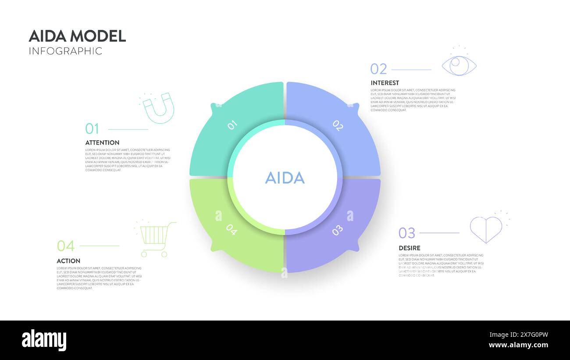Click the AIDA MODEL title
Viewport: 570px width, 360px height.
coord(77,36)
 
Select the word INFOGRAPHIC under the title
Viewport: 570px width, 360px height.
coord(65,51)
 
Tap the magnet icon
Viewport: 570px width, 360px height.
coord(159,108)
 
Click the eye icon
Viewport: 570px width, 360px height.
coord(459,65)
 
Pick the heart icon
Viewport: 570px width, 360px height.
coord(486,229)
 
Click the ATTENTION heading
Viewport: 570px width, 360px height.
coord(102,143)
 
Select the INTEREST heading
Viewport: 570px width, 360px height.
coord(385,83)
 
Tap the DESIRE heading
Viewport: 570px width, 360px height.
coord(409,248)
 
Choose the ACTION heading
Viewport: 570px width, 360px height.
coord(68,261)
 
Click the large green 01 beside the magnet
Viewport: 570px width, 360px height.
coord(92,129)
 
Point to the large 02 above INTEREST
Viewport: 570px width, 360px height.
coord(378,69)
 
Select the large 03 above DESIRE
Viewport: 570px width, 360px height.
coord(406,233)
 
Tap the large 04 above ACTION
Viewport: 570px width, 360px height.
coord(65,246)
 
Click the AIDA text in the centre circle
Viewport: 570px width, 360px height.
coord(285,178)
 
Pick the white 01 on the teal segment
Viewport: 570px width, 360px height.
coord(232,125)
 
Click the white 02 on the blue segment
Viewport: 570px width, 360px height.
coord(337,125)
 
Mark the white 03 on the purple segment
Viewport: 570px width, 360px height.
coord(337,230)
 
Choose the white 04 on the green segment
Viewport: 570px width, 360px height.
coord(232,230)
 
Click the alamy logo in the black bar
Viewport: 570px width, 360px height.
coord(44,340)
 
